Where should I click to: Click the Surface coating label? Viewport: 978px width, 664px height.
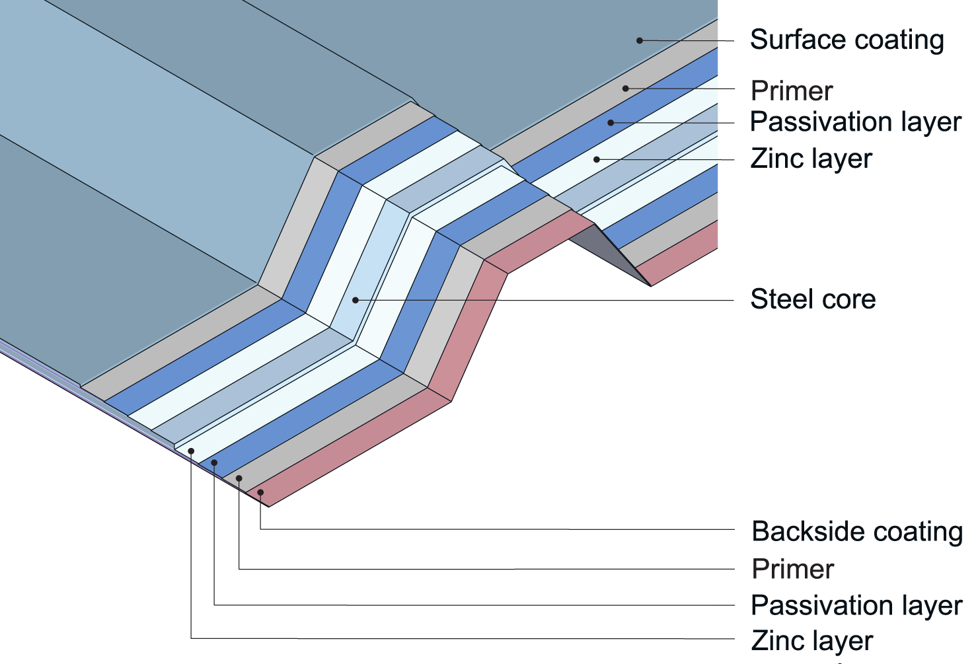(x=846, y=40)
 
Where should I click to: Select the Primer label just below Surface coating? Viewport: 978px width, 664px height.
(x=792, y=91)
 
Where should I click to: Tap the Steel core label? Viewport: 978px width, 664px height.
(x=813, y=299)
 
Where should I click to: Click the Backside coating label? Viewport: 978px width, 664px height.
(x=857, y=532)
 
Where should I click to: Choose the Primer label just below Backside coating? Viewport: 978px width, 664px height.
(x=793, y=569)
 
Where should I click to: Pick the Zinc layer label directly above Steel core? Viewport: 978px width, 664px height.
(x=811, y=159)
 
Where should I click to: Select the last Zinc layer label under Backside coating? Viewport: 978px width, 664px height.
(x=812, y=641)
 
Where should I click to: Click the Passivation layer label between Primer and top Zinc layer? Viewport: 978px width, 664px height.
(x=856, y=122)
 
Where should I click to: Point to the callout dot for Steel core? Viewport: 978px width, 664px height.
(x=356, y=300)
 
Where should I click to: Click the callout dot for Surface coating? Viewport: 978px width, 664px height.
(x=639, y=40)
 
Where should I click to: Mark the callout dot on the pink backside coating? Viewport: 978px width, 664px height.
(x=260, y=492)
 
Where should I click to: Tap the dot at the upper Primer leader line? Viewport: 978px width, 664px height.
(x=625, y=88)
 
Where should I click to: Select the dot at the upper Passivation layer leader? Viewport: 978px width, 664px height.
(x=611, y=122)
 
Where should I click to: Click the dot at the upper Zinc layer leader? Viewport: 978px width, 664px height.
(x=596, y=159)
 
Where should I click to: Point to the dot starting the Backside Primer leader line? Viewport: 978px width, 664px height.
(x=239, y=478)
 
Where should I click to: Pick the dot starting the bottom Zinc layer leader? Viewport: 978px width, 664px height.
(x=191, y=451)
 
